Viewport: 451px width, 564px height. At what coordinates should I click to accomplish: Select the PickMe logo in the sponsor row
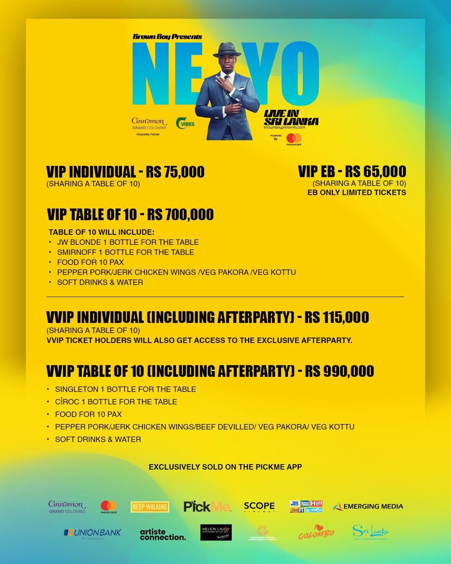207,507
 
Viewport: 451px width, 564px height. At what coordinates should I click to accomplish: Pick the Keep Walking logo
150,507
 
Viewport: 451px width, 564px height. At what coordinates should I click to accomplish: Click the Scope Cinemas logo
259,507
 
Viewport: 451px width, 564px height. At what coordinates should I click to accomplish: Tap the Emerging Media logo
368,507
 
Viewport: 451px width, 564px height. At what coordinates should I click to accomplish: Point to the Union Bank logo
92,533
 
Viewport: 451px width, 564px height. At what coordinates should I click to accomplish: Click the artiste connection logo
163,534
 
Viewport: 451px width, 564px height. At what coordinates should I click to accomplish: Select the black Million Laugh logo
216,533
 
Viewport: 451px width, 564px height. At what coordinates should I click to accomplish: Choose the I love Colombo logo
316,532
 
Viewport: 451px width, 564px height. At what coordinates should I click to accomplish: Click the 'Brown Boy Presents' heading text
167,36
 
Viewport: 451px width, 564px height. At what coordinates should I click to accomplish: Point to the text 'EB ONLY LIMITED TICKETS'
357,193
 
